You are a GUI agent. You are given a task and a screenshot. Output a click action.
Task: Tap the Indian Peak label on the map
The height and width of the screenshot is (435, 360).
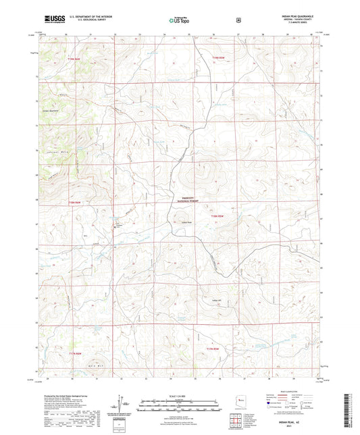coord(186,222)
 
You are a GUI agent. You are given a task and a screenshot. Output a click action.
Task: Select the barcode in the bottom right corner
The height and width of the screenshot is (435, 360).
coord(349,405)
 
